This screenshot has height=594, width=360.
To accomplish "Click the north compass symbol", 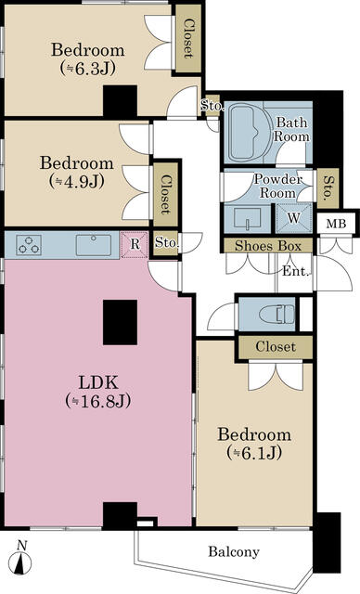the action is [x=22, y=559].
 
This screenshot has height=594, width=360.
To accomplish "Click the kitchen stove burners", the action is [x=29, y=245].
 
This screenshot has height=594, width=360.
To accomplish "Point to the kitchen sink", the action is [x=94, y=245].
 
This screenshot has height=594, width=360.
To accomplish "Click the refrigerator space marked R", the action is [x=135, y=245].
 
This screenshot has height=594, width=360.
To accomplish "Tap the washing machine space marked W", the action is [x=294, y=218].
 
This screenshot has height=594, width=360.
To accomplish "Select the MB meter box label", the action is [x=336, y=224].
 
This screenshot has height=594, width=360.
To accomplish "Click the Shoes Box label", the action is [x=268, y=246].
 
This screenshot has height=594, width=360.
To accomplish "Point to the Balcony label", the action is [x=234, y=551].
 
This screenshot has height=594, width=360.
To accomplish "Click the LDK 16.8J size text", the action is [x=97, y=400].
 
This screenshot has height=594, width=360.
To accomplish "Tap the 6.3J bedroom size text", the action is [x=87, y=69].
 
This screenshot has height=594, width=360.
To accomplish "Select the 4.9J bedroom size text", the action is [x=76, y=182].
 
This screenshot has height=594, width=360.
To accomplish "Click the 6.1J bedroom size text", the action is [x=254, y=453].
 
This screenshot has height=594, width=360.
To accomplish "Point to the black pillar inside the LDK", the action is [x=120, y=322].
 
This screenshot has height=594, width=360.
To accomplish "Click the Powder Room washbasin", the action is [x=247, y=219].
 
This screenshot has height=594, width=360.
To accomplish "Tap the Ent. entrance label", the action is [x=296, y=271].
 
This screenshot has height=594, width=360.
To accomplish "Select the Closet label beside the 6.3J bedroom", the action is [x=187, y=39].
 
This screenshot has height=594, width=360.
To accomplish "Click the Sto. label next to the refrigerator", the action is [x=166, y=242].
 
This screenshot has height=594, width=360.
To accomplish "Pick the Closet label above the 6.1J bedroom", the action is [x=276, y=346].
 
